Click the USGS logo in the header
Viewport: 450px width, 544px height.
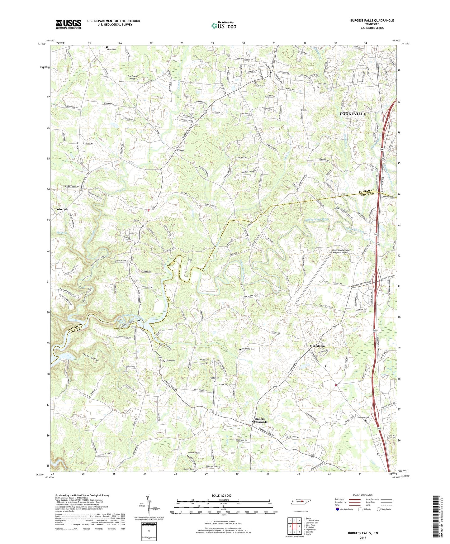click(69, 24)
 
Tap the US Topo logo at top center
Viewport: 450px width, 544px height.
click(223, 25)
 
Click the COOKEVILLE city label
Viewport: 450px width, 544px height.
click(353, 114)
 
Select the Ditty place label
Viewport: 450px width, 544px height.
click(181, 150)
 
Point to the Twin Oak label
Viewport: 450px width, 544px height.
click(61, 209)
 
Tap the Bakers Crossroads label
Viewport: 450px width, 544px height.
click(260, 420)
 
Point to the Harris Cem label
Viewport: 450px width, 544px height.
click(112, 49)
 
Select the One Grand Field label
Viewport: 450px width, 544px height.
click(132, 77)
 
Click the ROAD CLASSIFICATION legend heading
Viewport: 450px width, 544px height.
click(363, 495)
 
